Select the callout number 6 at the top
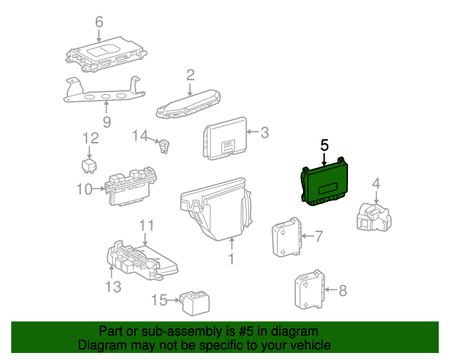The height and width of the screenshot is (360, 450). click(98, 21)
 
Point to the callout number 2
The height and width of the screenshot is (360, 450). click(191, 75)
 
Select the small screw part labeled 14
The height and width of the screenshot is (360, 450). click(166, 147)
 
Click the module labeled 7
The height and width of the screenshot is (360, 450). click(287, 237)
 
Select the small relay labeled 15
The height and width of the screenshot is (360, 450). click(193, 302)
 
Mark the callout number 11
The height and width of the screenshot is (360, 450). click(146, 225)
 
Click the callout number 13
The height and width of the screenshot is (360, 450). click(113, 286)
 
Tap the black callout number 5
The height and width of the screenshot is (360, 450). click(324, 146)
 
